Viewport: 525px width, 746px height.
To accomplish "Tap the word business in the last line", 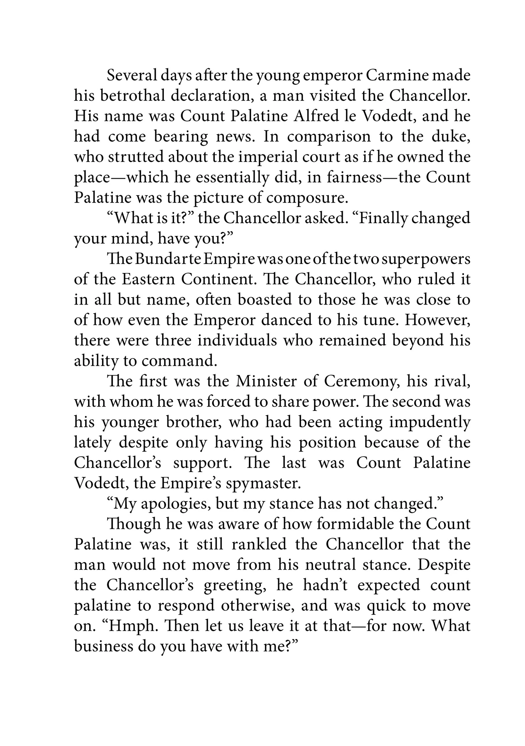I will point(103,646).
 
